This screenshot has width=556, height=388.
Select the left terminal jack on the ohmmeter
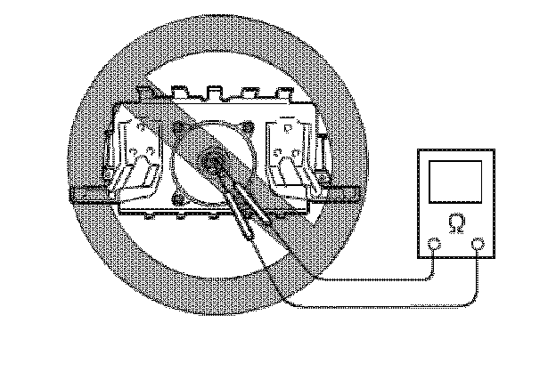click(x=434, y=244)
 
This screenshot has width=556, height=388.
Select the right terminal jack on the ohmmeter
click(x=478, y=244)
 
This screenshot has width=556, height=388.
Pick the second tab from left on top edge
click(x=213, y=90)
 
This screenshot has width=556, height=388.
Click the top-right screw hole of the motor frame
click(x=252, y=128)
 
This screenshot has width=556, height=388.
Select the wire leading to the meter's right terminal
click(x=383, y=307)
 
